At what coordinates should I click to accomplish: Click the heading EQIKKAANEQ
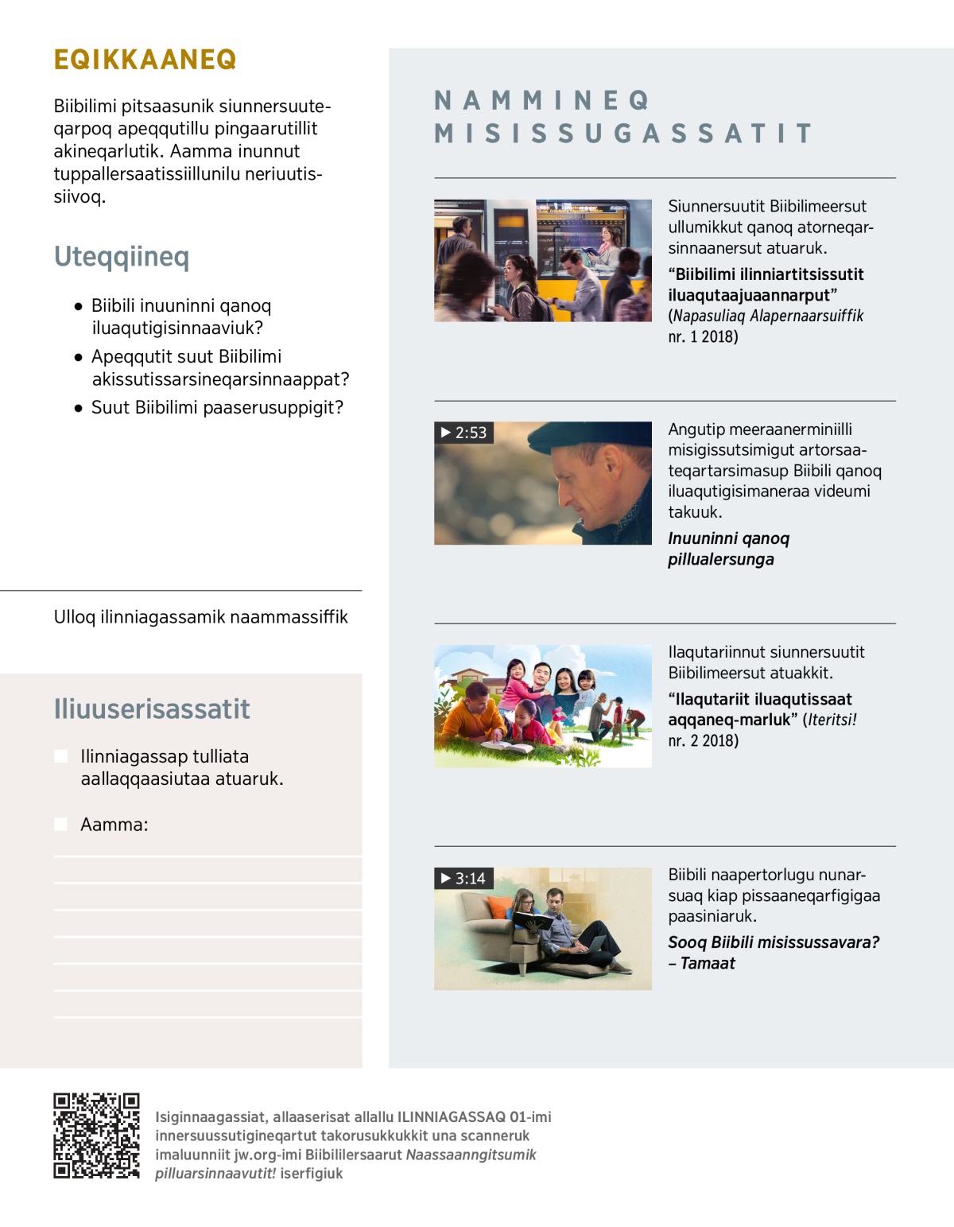(145, 60)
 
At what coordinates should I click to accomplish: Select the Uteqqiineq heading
(122, 257)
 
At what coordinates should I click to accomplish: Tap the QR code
(96, 1135)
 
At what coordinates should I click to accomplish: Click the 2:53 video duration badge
(464, 433)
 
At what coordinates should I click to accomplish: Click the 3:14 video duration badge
(464, 878)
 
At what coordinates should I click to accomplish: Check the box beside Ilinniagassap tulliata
(60, 756)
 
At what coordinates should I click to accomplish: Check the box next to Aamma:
(60, 825)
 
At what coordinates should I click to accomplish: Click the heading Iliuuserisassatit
(152, 709)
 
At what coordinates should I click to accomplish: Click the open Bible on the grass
(506, 747)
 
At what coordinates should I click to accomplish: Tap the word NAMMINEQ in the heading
(542, 100)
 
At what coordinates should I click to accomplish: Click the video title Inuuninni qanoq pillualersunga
(728, 549)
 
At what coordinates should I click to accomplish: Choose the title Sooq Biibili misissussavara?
(773, 943)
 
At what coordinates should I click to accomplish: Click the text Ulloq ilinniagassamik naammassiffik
(200, 617)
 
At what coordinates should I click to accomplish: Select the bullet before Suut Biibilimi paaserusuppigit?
(78, 408)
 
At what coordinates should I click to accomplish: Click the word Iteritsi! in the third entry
(832, 720)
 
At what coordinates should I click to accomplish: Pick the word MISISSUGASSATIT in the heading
(623, 134)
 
